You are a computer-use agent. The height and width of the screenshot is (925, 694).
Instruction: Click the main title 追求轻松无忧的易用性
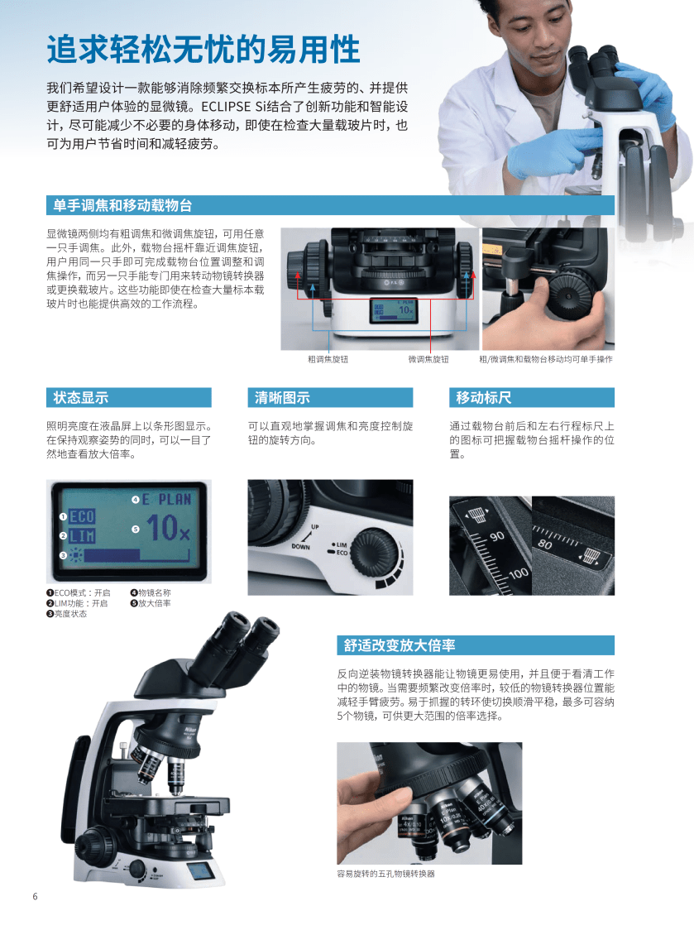[203, 49]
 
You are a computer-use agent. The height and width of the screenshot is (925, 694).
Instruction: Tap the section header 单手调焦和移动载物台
[122, 205]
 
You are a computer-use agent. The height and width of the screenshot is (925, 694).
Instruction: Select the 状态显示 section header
[81, 398]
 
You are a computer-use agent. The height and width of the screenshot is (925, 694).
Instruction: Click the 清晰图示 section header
[282, 398]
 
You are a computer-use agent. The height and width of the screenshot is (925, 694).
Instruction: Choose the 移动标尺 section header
[484, 398]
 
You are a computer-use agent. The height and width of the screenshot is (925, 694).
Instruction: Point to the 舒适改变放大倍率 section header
[400, 645]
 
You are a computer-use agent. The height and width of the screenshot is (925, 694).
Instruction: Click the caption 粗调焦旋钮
[328, 359]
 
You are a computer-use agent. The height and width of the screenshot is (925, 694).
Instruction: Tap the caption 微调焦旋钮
[428, 359]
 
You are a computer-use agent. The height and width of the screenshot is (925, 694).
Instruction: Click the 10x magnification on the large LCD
[168, 527]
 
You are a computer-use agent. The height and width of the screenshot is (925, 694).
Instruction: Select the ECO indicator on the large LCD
[82, 517]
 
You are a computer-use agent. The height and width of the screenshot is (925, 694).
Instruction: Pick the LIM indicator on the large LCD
[82, 536]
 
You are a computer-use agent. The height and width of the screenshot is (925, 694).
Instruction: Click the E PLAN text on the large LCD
[167, 500]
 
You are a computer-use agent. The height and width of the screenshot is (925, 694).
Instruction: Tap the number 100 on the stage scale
[519, 573]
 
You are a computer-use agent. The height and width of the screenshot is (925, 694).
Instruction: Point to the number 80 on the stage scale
[545, 544]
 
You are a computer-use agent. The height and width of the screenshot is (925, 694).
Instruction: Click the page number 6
[35, 896]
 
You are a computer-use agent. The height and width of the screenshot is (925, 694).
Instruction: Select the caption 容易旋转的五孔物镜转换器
[385, 874]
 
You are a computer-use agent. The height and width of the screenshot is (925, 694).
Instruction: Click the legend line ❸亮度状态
[67, 614]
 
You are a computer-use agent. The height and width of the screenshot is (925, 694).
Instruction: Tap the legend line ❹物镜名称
[151, 593]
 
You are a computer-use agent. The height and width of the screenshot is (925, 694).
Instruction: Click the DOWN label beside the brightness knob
[301, 547]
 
